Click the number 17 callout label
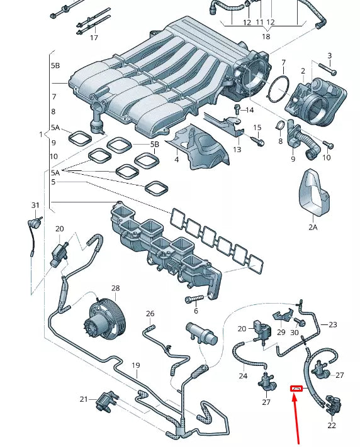pyautogui.click(x=94, y=38)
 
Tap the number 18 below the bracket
pyautogui.click(x=266, y=37)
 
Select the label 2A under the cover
pyautogui.click(x=313, y=227)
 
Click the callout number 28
pyautogui.click(x=115, y=289)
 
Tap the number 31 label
pyautogui.click(x=35, y=206)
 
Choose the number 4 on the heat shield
pyautogui.click(x=177, y=160)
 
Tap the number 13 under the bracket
pyautogui.click(x=237, y=150)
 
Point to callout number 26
pyautogui.click(x=150, y=314)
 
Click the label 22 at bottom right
pyautogui.click(x=332, y=425)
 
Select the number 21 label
pyautogui.click(x=84, y=399)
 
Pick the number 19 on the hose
pyautogui.click(x=135, y=365)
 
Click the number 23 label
pyautogui.click(x=333, y=324)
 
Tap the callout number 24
pyautogui.click(x=243, y=376)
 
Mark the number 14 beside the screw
pyautogui.click(x=250, y=110)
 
